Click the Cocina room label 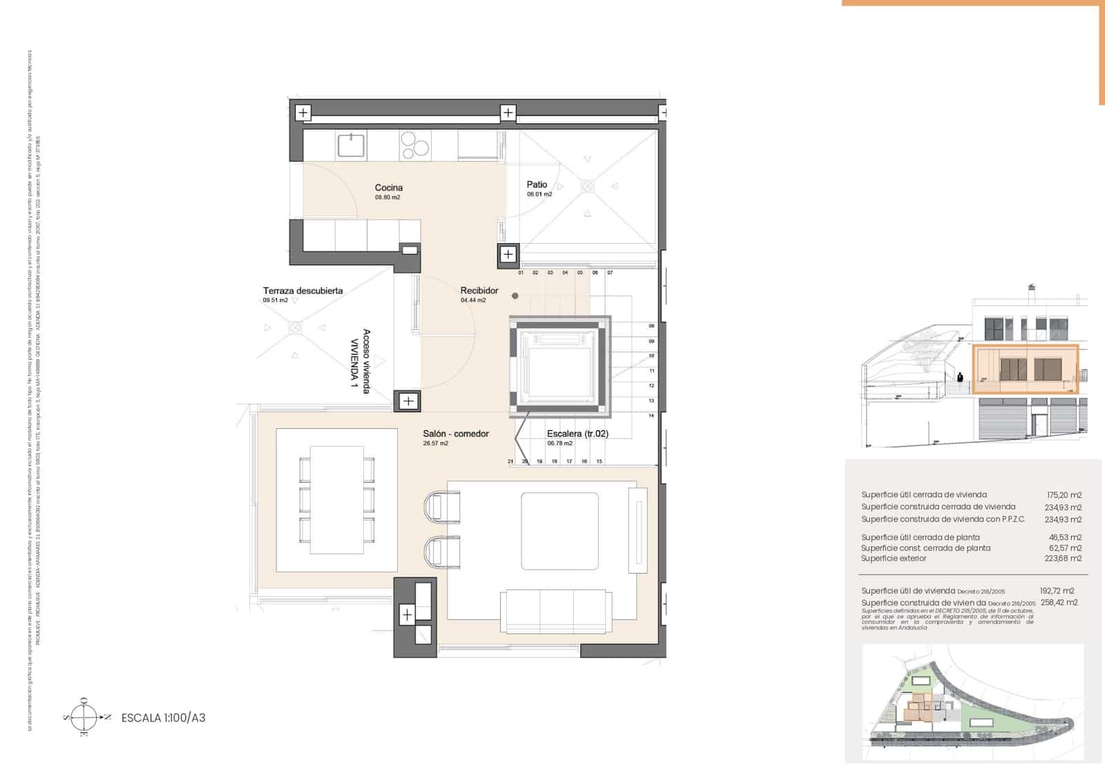click(x=388, y=188)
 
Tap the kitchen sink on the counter click(x=352, y=146)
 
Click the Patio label click(x=537, y=184)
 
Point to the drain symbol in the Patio click(x=587, y=186)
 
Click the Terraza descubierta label click(x=302, y=291)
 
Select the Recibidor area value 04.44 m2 click(x=473, y=300)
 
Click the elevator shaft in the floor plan click(x=560, y=367)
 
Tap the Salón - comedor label click(x=456, y=434)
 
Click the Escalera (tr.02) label click(x=577, y=434)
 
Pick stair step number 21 click(x=510, y=461)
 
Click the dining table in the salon click(x=336, y=499)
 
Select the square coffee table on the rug click(x=559, y=530)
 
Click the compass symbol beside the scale click(x=84, y=717)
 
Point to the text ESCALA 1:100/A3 click(x=163, y=718)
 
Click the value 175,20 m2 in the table click(x=1064, y=495)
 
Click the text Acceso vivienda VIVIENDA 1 click(x=361, y=362)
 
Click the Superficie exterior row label click(x=894, y=559)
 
